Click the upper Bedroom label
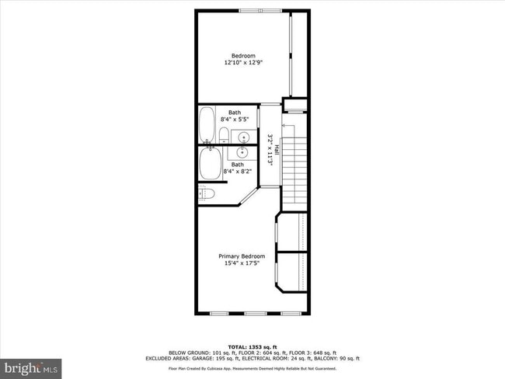(244, 55)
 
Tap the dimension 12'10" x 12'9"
(244, 64)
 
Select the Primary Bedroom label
(242, 256)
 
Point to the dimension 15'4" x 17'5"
(242, 264)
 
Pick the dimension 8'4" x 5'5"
(235, 120)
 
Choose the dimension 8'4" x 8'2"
(236, 172)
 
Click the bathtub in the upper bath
(207, 123)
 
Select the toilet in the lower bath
(206, 193)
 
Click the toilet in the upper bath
(223, 137)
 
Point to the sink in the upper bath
(244, 138)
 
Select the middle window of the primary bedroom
(255, 314)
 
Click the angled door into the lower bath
(246, 195)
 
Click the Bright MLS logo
(31, 365)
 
